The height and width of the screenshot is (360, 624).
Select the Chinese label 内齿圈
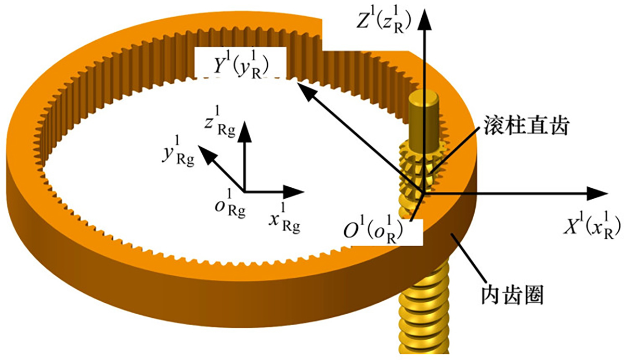click(x=510, y=297)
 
